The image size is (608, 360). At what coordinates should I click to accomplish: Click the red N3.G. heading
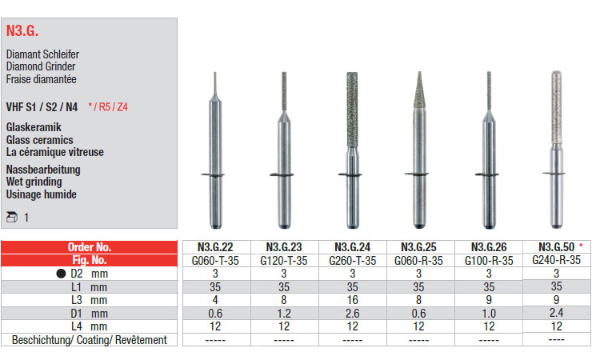pos(22,30)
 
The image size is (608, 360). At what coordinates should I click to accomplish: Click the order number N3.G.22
pos(215,247)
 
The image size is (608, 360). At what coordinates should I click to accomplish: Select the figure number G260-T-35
pos(353,261)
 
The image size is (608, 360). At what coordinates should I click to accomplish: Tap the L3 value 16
pos(353,300)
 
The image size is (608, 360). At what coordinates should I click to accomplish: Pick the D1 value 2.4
pos(557,313)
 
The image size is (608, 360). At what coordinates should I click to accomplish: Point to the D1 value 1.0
pos(489,314)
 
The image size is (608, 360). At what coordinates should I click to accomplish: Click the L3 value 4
pos(215,300)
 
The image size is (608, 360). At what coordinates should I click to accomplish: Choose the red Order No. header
pos(89,247)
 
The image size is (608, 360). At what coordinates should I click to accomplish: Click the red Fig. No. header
pos(89,260)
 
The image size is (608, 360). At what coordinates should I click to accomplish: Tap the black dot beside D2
pos(61,274)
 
